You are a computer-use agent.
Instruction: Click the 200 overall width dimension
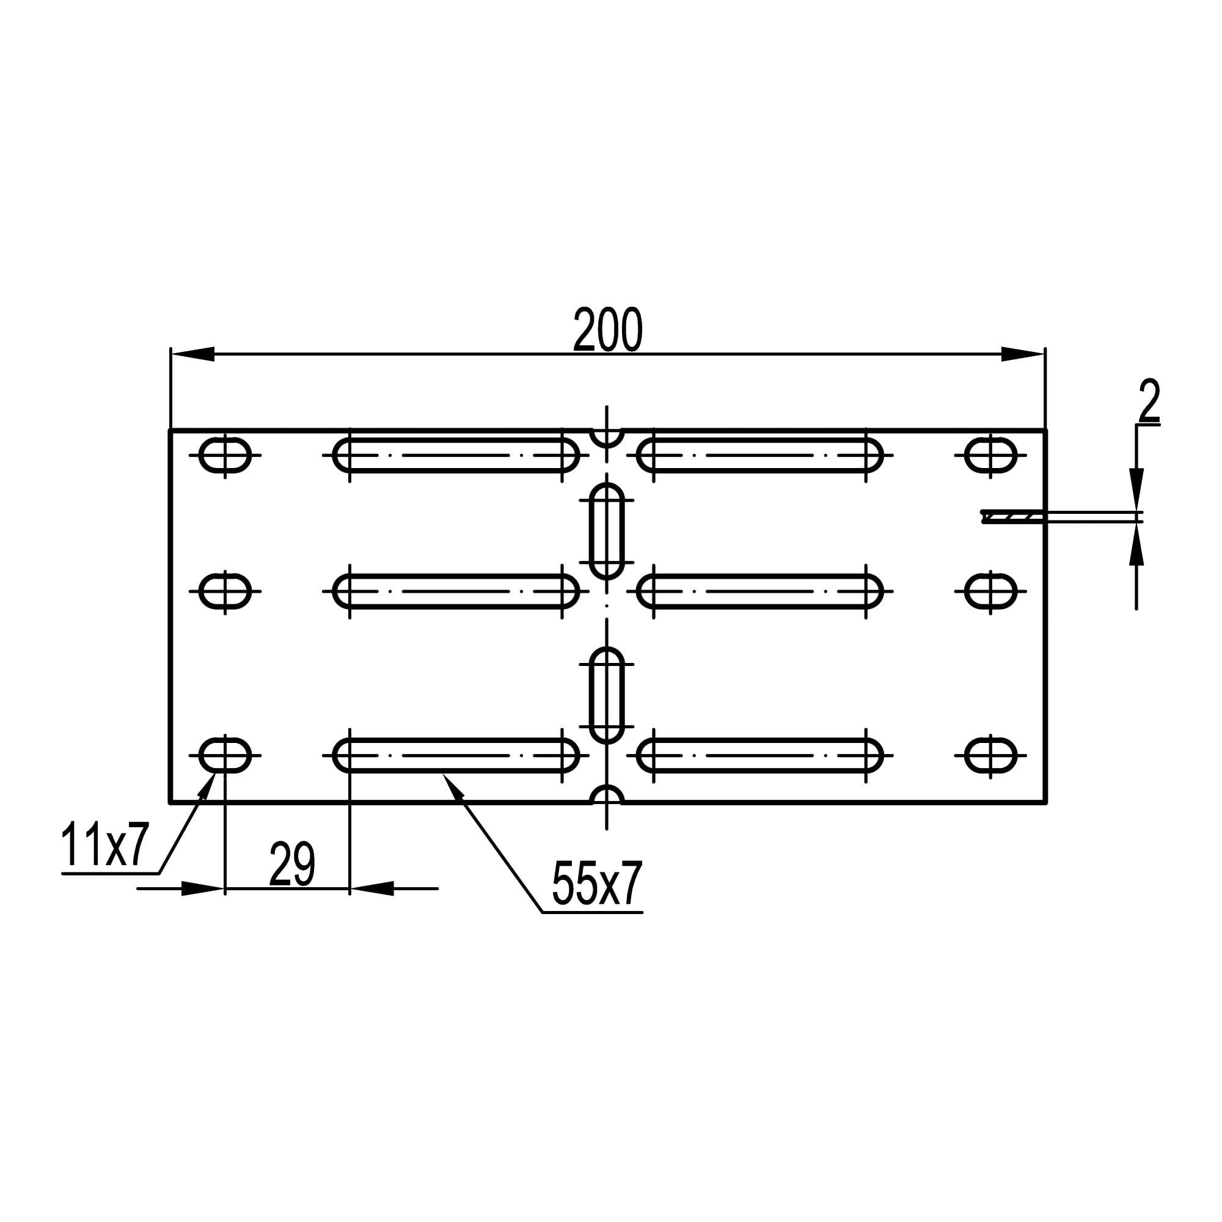click(607, 329)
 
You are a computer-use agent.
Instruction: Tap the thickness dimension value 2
click(1149, 400)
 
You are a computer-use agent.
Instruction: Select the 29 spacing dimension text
click(291, 864)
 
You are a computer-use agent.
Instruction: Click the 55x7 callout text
click(597, 883)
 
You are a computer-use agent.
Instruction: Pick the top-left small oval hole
click(225, 455)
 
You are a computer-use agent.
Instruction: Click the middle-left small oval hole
click(225, 591)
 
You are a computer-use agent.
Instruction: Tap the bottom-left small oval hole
click(225, 755)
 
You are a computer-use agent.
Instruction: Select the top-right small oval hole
click(990, 455)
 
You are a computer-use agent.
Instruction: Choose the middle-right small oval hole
click(990, 591)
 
